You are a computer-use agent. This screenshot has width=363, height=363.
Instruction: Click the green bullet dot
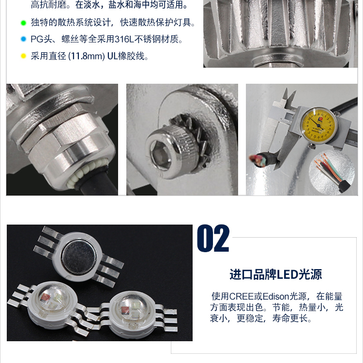pyautogui.click(x=23, y=23)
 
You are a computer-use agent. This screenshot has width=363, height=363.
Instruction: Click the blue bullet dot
pyautogui.click(x=23, y=39)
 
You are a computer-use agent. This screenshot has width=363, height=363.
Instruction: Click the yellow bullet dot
pyautogui.click(x=23, y=56)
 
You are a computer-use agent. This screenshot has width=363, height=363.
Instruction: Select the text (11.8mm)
pyautogui.click(x=87, y=56)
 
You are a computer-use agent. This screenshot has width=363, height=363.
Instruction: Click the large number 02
pyautogui.click(x=213, y=238)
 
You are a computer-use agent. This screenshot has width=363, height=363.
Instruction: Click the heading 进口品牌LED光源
pyautogui.click(x=276, y=274)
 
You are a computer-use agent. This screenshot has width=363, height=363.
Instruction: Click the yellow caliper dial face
pyautogui.click(x=318, y=126)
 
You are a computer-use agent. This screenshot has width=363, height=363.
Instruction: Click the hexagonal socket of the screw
pyautogui.click(x=160, y=153)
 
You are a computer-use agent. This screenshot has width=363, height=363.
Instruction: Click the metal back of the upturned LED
pyautogui.click(x=79, y=257)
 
